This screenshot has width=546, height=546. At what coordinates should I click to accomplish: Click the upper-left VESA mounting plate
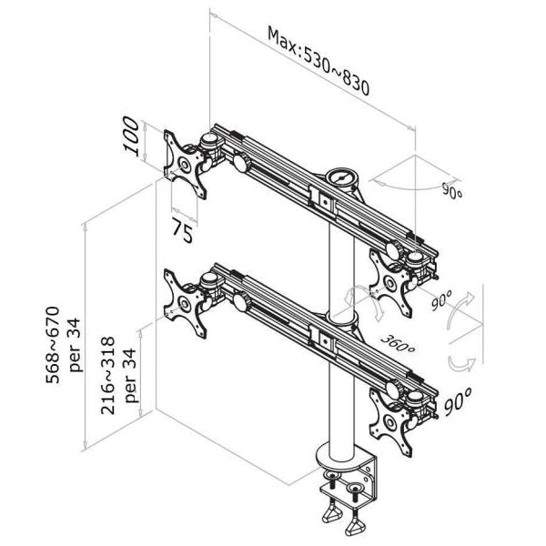[187, 165]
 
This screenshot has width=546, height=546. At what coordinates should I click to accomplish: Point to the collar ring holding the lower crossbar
[341, 319]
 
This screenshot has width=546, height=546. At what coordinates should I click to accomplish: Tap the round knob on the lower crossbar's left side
[241, 300]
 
